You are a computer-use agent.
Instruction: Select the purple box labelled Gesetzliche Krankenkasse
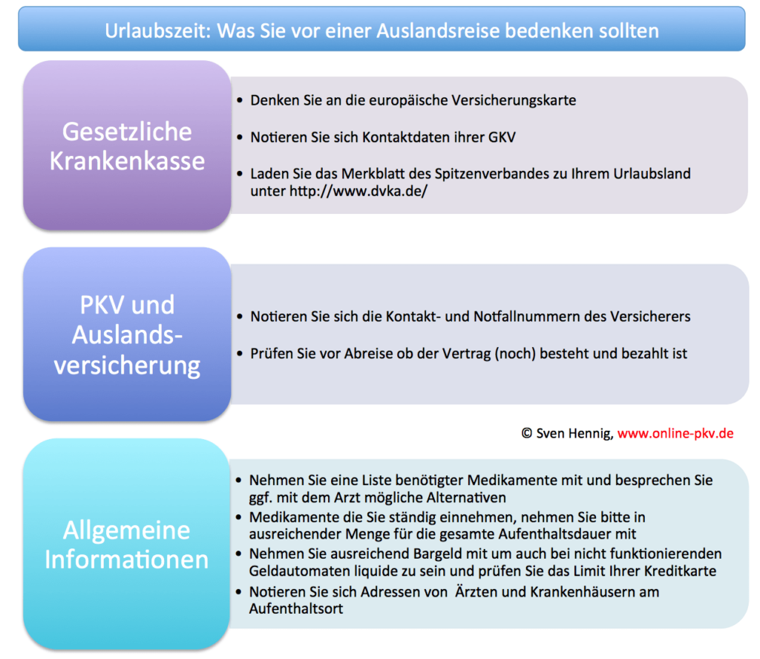point(127,146)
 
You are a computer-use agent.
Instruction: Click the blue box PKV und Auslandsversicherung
point(127,334)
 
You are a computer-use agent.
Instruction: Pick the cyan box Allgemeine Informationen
point(127,544)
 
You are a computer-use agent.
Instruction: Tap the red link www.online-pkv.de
point(675,432)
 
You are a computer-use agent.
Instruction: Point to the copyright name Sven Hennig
point(574,432)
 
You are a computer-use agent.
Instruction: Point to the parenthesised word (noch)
point(506,354)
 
